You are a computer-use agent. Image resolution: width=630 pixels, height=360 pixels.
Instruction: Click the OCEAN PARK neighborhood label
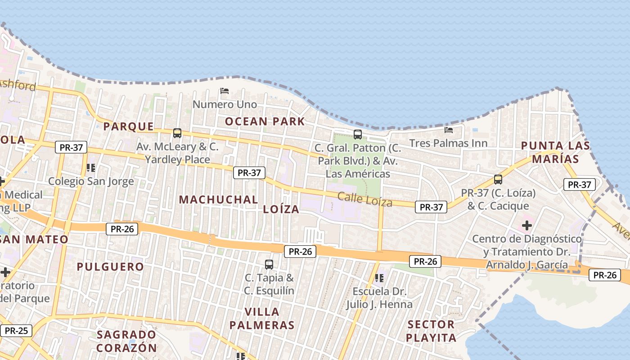(265, 121)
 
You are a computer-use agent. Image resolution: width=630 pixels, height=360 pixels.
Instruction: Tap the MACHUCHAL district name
(219, 199)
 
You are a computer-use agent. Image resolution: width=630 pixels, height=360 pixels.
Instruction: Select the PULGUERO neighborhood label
(110, 267)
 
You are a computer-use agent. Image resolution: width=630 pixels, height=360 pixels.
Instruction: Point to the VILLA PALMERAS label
(261, 318)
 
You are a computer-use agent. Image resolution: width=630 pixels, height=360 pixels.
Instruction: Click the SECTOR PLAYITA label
(431, 331)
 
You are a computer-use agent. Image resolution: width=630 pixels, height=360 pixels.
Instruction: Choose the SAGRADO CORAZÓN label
(126, 341)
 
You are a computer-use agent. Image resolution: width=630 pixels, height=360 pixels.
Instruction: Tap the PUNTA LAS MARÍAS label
(555, 152)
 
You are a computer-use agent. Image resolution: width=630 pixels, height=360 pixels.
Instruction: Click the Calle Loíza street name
(364, 199)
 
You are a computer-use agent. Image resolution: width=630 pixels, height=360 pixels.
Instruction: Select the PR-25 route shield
(17, 331)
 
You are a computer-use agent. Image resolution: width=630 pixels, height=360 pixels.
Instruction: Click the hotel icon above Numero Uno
(225, 91)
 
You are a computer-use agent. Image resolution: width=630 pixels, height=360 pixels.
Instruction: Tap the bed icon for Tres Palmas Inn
(449, 130)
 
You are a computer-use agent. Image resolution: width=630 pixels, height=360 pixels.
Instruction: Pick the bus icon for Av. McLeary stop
(177, 133)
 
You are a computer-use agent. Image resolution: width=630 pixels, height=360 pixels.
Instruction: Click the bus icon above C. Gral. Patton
(358, 134)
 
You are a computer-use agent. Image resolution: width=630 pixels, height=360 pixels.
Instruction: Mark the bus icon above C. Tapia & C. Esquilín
(269, 264)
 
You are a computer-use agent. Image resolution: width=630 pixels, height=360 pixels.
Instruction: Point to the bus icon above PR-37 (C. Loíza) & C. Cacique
(498, 179)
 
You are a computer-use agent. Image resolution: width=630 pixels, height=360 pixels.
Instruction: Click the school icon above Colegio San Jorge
(91, 168)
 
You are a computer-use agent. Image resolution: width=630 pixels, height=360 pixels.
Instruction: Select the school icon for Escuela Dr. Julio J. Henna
(379, 278)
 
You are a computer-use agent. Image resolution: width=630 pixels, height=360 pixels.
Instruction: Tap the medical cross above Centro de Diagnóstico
(527, 225)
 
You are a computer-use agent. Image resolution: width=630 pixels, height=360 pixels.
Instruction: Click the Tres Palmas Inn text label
(448, 143)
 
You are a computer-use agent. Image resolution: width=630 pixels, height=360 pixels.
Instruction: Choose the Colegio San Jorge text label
(91, 181)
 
